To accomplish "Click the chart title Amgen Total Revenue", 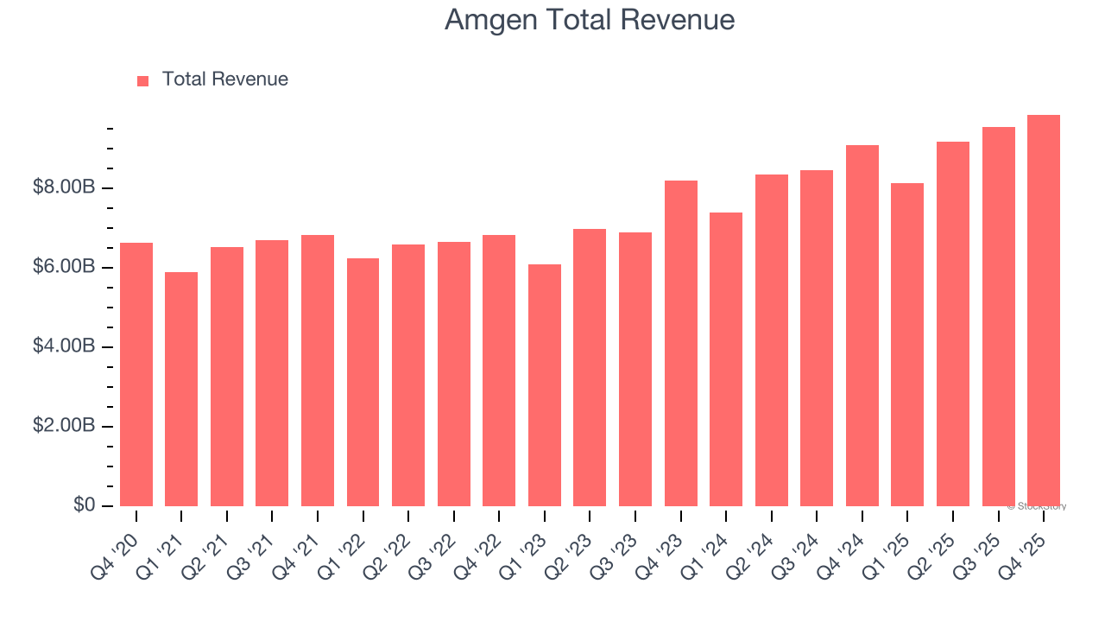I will (x=590, y=20).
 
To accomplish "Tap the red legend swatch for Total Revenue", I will (x=143, y=80).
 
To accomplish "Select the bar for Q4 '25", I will (x=1043, y=311).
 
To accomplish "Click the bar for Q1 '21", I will (x=181, y=389).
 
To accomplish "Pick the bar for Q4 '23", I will (x=680, y=343).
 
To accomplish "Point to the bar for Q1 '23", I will (x=545, y=385).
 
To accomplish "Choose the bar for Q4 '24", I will (x=862, y=326).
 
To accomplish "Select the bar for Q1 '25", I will (x=907, y=345).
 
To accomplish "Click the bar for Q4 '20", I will (x=136, y=374).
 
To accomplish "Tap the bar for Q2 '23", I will (x=590, y=367).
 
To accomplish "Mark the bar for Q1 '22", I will (x=363, y=382).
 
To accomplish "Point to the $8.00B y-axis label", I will (x=64, y=187).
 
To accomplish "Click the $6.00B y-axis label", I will (x=64, y=267).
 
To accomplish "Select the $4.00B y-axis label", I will (x=64, y=346).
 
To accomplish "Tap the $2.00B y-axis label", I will (x=64, y=426).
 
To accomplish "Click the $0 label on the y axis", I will (x=83, y=505).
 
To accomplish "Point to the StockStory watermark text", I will (x=1037, y=506).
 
